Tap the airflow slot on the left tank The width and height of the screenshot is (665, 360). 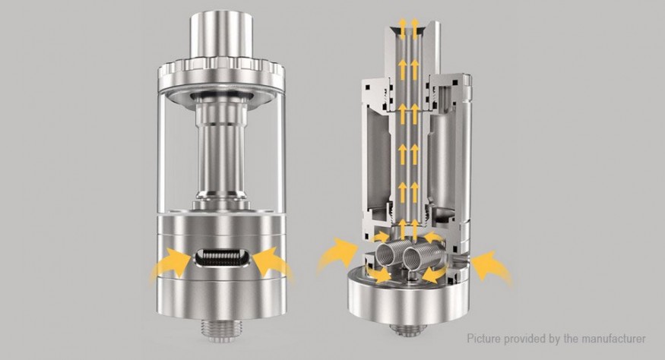click(x=222, y=258)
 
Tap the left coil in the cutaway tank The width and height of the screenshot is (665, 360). click(x=388, y=257)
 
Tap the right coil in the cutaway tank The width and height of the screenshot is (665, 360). click(x=417, y=256)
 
